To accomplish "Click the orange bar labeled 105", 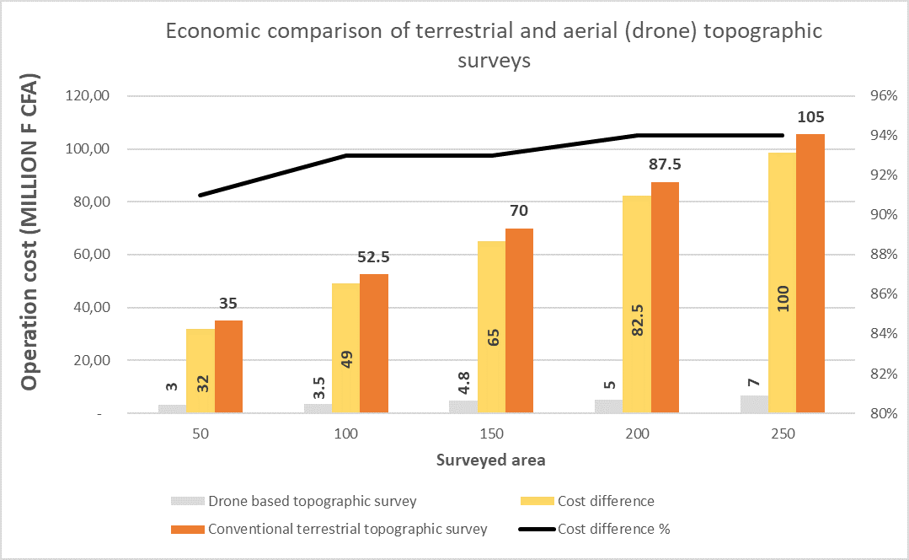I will click(x=810, y=273).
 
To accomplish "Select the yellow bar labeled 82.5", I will click(x=636, y=304).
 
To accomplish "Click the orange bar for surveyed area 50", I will click(x=228, y=367).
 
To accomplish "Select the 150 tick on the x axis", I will click(x=491, y=435).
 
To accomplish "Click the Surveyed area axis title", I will click(x=491, y=460).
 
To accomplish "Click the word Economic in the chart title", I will click(x=217, y=32).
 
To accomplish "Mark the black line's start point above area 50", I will click(x=201, y=195).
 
